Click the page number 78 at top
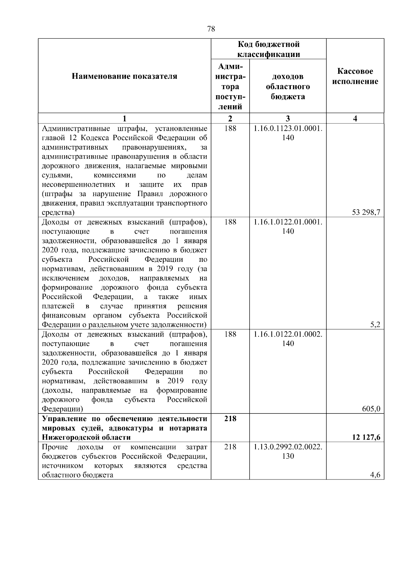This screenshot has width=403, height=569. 211,29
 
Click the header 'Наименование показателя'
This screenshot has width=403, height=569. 124,76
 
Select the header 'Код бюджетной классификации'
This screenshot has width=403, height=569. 269,49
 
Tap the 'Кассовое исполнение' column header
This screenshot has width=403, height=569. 355,76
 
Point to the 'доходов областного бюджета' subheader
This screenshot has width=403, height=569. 288,87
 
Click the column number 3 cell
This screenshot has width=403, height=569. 288,118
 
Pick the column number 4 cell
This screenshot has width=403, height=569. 355,118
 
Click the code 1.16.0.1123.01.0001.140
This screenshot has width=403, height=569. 288,133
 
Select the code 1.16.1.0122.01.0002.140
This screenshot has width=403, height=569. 288,339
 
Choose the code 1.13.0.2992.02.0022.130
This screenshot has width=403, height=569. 288,451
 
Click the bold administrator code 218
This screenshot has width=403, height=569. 230,418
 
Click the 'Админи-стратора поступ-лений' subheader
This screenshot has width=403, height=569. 230,87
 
